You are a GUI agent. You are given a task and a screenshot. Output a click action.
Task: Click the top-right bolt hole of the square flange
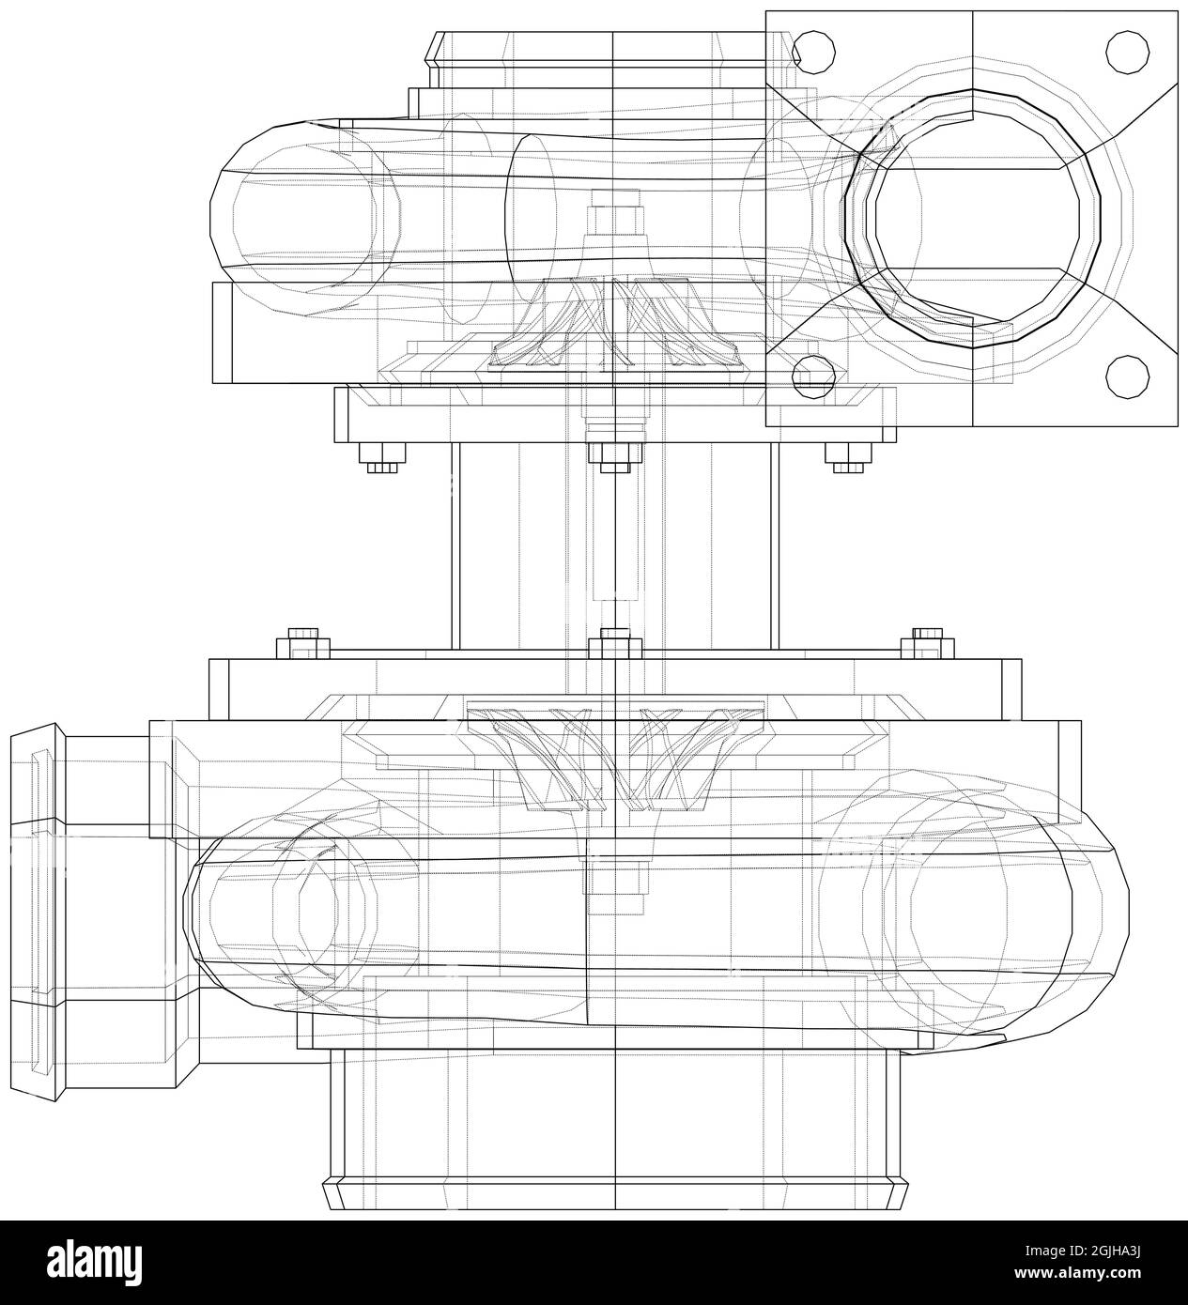coord(1127,53)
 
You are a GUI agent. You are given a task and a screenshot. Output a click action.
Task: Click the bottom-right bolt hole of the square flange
coord(1127,377)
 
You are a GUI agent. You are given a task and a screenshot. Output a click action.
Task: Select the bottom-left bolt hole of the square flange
coord(813,377)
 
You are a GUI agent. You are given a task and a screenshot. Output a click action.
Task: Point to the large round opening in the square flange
coord(977,218)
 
